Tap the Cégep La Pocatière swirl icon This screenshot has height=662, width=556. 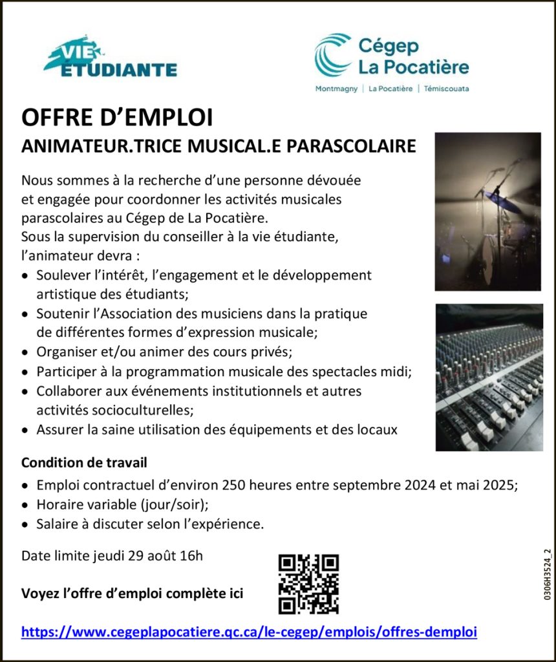(x=333, y=55)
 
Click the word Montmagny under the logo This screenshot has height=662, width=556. (x=336, y=89)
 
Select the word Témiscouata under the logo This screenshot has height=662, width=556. (x=447, y=89)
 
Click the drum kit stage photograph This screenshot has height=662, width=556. (x=487, y=211)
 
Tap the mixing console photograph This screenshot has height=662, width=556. (x=488, y=377)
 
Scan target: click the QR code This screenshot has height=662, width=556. (x=308, y=584)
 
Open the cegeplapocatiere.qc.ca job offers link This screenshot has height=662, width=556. (x=249, y=632)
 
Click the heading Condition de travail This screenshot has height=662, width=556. (x=84, y=463)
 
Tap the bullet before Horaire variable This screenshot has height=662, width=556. (x=25, y=505)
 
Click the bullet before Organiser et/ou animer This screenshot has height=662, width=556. (x=25, y=353)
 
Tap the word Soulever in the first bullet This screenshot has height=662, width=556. (x=61, y=275)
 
